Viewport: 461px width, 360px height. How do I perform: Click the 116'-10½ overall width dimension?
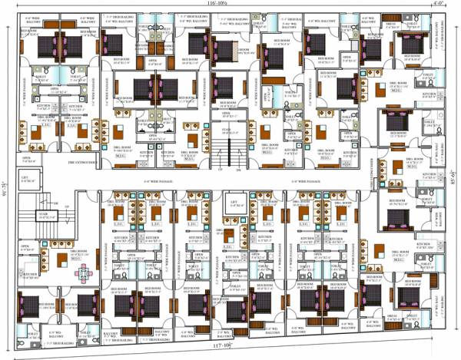click(221, 5)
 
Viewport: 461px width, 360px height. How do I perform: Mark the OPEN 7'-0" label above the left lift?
click(27, 160)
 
